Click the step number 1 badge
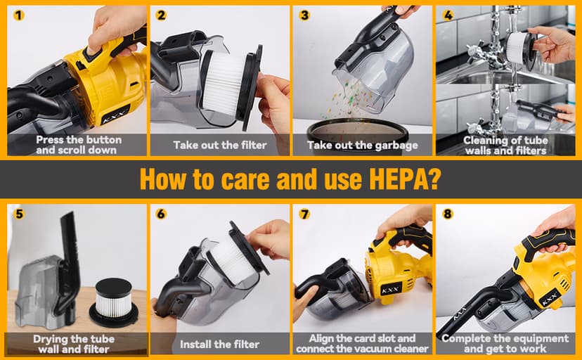coord(18,15)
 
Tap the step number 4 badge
coord(448,15)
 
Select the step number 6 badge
coord(161,214)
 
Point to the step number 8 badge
coord(448,214)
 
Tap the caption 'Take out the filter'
coord(220,145)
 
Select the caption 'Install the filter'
coord(219,345)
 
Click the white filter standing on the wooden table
coord(114,302)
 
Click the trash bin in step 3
coord(358,136)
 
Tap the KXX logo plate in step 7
coord(391,289)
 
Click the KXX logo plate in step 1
coord(115,115)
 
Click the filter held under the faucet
coord(520,48)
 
